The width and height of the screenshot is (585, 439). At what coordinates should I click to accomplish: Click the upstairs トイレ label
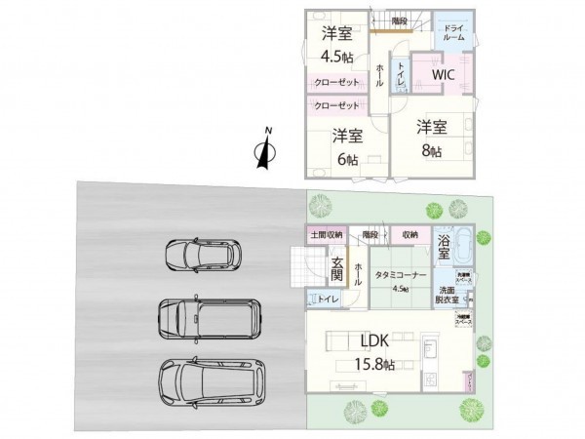coord(399,74)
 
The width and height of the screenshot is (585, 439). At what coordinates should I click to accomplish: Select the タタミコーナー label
coord(399,274)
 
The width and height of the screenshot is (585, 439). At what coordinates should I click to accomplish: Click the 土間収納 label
coord(327,235)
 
